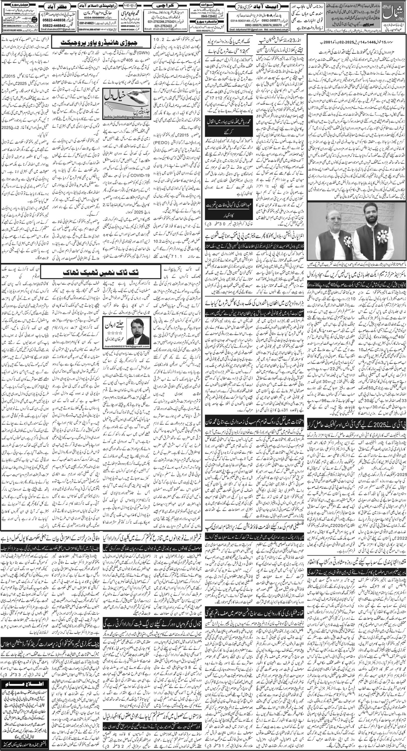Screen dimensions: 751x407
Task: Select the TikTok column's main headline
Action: pyautogui.click(x=79, y=272)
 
